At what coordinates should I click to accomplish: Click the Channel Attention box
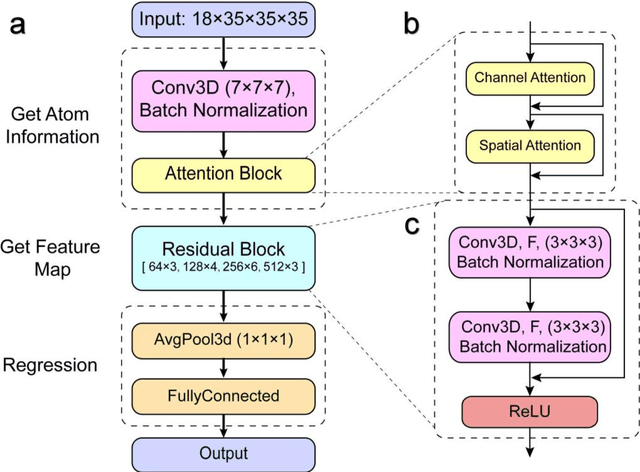pyautogui.click(x=531, y=77)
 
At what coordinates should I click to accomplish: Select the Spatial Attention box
pyautogui.click(x=531, y=146)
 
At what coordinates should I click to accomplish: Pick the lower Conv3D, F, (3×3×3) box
pyautogui.click(x=530, y=335)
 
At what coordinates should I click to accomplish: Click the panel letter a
pyautogui.click(x=19, y=24)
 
